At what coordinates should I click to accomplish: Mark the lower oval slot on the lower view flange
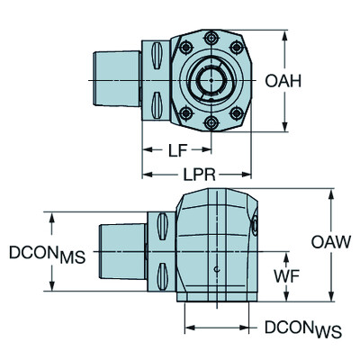pyautogui.click(x=162, y=272)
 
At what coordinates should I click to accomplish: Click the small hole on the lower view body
pyautogui.click(x=216, y=269)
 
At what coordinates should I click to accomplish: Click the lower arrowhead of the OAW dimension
pyautogui.click(x=334, y=299)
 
